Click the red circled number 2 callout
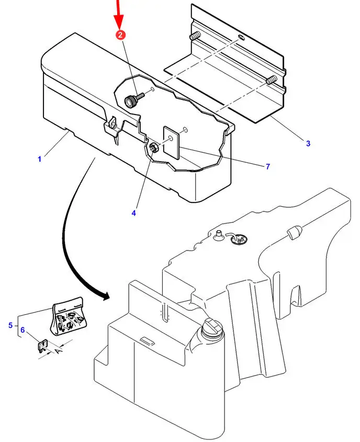[x=120, y=35]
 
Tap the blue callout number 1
[x=39, y=159]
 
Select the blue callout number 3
[x=308, y=143]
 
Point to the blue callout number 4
[x=133, y=213]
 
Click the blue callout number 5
[x=10, y=325]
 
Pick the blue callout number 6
[x=22, y=330]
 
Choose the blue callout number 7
[x=268, y=166]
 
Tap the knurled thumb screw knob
[x=130, y=101]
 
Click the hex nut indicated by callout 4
[x=154, y=148]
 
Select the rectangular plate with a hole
[x=172, y=143]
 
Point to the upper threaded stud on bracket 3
[x=195, y=36]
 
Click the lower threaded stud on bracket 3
[x=271, y=81]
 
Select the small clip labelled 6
[x=43, y=346]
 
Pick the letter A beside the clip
[x=59, y=351]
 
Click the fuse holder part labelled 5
[x=68, y=316]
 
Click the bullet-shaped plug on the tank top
[x=294, y=232]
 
